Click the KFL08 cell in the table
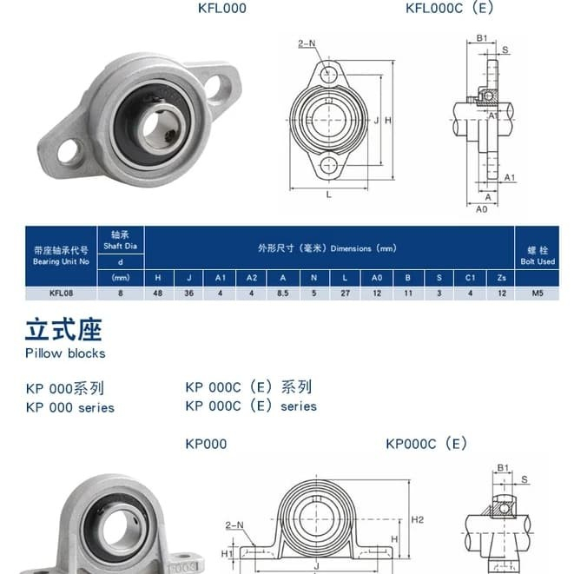[61, 294]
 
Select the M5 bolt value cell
[538, 294]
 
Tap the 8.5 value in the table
[282, 294]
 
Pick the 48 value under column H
[158, 294]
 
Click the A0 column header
[377, 278]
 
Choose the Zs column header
[502, 278]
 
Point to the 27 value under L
[346, 294]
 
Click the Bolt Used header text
[538, 261]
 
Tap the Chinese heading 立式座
[63, 330]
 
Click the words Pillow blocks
[65, 353]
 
